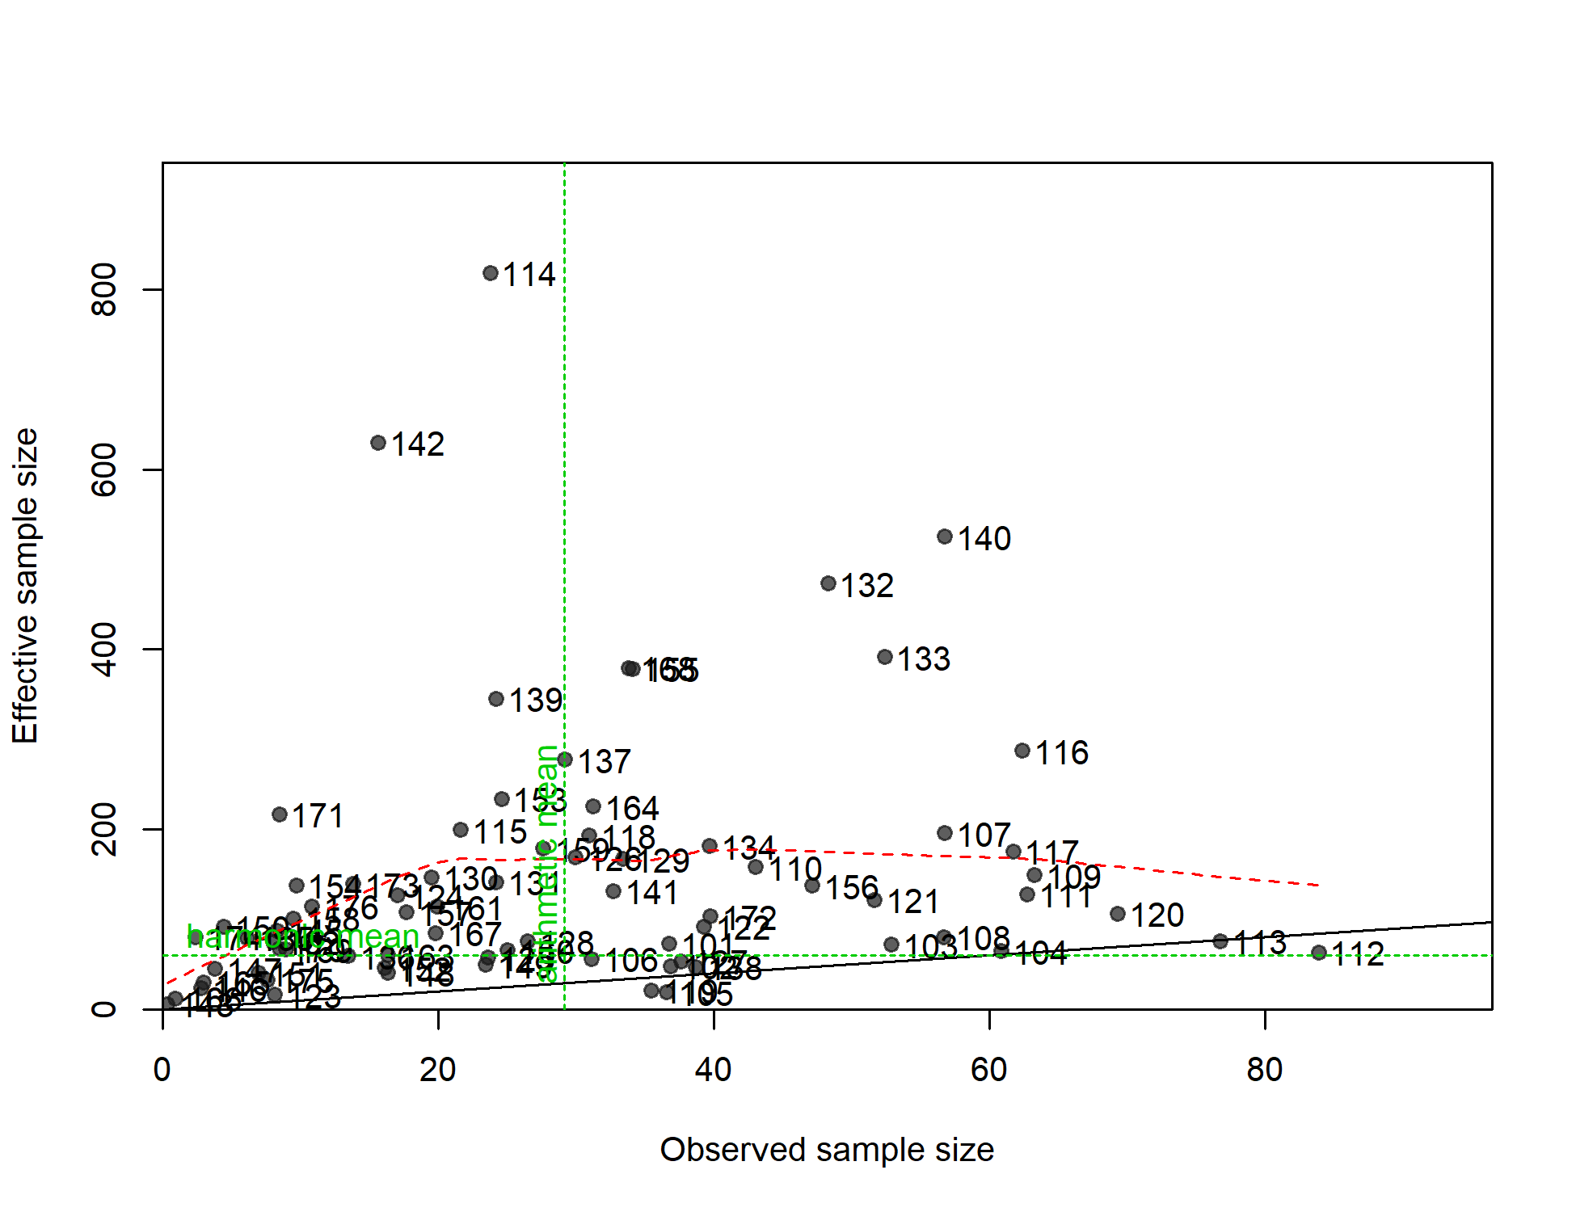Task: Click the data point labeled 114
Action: click(x=490, y=273)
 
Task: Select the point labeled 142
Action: click(x=378, y=443)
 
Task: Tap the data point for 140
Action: click(x=945, y=537)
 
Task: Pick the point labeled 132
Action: click(x=828, y=583)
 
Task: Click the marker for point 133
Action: click(x=885, y=657)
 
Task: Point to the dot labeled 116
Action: click(x=1022, y=751)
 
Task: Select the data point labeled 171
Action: click(x=280, y=814)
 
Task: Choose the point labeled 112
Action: click(x=1319, y=953)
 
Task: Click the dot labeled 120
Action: click(x=1118, y=914)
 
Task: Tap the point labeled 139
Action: click(x=496, y=699)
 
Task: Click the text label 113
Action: click(x=1260, y=943)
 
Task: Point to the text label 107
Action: click(x=984, y=835)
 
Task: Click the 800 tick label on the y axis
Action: click(x=104, y=289)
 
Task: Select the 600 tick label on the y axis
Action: click(x=104, y=469)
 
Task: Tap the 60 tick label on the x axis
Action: click(x=988, y=1070)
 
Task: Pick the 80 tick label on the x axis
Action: click(x=1264, y=1070)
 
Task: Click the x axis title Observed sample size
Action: click(x=827, y=1150)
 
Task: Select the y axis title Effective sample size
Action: click(x=25, y=586)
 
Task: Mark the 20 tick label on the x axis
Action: click(x=437, y=1070)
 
